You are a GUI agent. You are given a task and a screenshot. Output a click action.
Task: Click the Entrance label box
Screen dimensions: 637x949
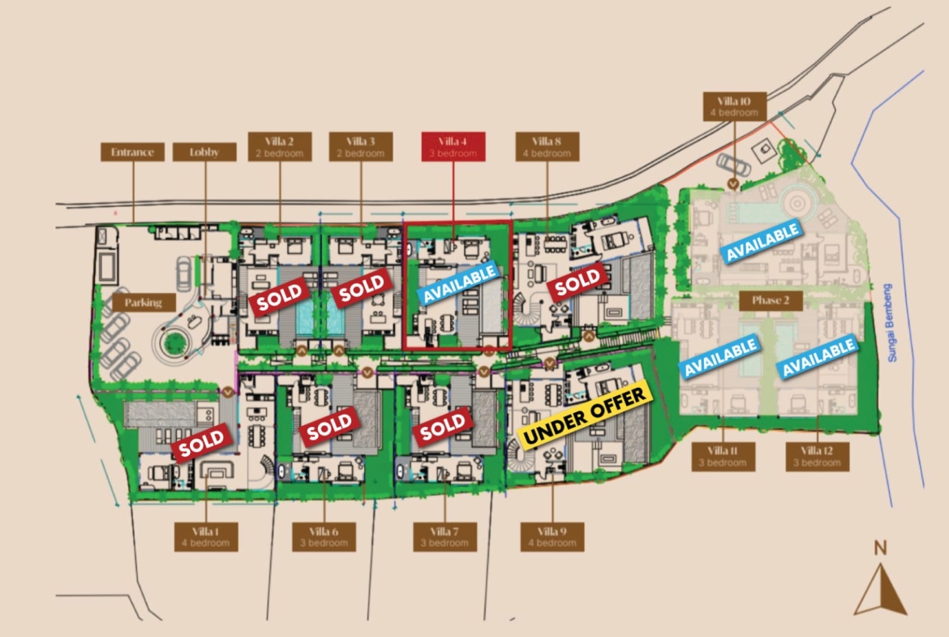click(x=132, y=152)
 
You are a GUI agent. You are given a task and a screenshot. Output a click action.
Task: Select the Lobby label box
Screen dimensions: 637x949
click(x=205, y=152)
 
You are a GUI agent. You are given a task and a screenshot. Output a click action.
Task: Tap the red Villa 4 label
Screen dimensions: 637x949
click(x=453, y=147)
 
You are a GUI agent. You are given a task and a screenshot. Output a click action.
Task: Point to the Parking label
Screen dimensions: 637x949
click(x=143, y=302)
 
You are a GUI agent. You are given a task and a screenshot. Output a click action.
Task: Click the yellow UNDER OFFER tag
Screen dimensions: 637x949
click(x=586, y=415)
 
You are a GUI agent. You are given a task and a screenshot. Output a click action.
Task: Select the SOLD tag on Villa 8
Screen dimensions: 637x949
click(x=578, y=281)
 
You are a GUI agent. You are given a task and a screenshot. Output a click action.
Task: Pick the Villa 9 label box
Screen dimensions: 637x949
click(x=551, y=537)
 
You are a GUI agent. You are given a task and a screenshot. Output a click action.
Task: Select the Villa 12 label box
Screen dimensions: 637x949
click(x=816, y=456)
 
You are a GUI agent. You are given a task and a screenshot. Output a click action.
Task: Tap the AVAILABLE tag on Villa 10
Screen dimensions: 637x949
click(x=761, y=242)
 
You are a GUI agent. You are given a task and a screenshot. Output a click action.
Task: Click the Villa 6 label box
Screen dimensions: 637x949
click(x=324, y=537)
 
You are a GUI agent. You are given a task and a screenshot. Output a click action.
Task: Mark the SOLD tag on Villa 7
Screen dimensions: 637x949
click(x=443, y=424)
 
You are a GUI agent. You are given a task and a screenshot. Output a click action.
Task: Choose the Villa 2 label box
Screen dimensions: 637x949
click(x=280, y=147)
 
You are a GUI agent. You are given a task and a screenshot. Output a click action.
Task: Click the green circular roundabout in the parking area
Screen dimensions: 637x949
click(x=172, y=342)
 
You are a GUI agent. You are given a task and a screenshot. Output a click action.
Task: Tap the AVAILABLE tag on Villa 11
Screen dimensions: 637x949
click(x=719, y=357)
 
